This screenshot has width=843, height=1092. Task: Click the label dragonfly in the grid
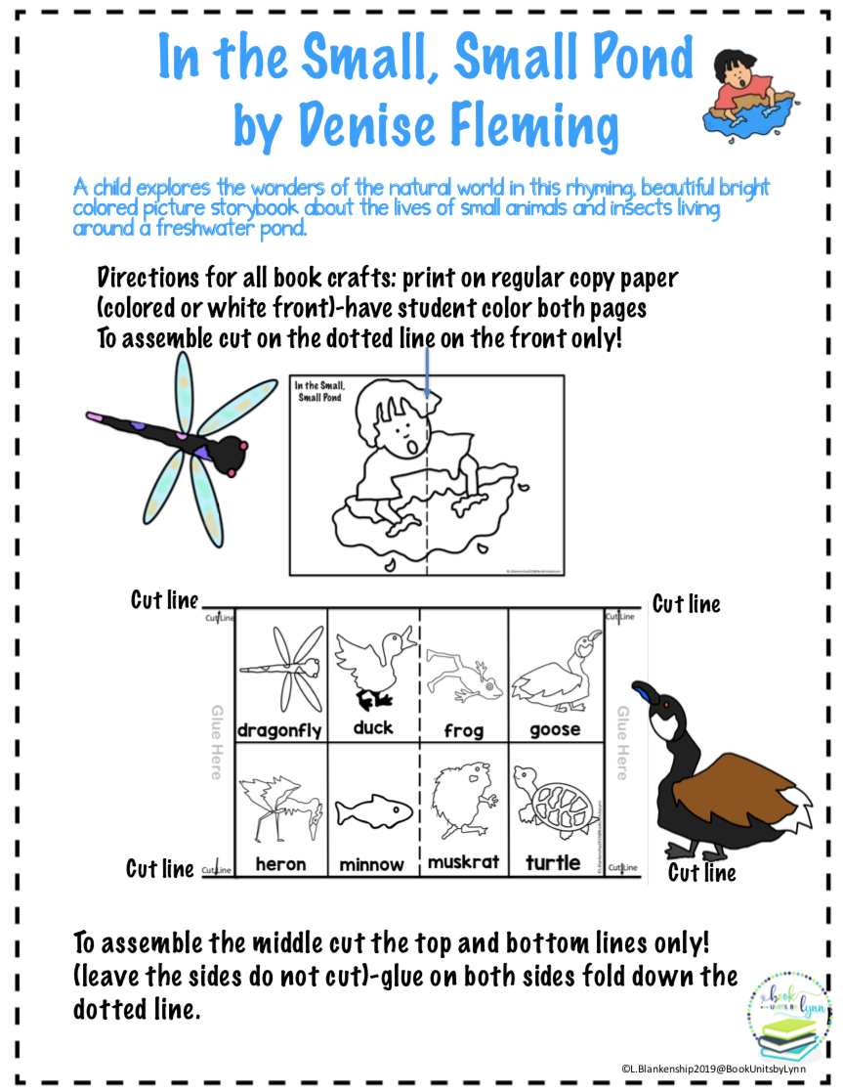point(279,730)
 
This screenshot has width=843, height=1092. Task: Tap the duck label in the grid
point(373,727)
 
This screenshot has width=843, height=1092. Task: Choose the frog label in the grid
point(463,730)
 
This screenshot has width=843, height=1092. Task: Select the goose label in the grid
point(554,729)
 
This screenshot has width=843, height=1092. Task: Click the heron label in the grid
point(280,863)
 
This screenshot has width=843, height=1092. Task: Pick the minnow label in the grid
point(372,864)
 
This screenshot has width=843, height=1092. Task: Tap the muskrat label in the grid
point(463,862)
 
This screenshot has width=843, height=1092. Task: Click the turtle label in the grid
point(553,863)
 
